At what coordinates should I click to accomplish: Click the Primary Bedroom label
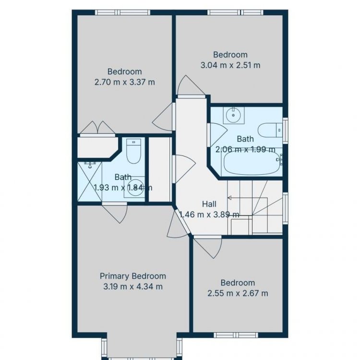click(132, 276)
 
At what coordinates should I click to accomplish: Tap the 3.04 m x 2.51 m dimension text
click(230, 65)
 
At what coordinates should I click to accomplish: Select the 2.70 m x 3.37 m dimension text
click(125, 82)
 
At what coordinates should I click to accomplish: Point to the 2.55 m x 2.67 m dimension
click(238, 293)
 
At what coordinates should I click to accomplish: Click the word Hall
click(209, 204)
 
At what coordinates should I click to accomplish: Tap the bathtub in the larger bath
click(252, 163)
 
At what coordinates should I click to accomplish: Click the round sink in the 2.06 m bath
click(233, 115)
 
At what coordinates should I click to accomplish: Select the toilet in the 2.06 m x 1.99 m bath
click(270, 130)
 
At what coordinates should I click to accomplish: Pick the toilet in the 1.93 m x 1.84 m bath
click(133, 151)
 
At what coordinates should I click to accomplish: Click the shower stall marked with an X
click(89, 182)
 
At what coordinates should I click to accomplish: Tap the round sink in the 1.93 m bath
click(134, 187)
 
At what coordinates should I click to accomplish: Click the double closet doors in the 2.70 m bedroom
click(97, 128)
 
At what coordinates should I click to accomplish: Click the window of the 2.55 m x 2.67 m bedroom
click(236, 335)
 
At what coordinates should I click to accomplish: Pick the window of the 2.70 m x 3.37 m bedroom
click(122, 12)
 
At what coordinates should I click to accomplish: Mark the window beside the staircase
click(285, 208)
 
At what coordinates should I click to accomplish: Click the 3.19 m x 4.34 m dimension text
click(133, 287)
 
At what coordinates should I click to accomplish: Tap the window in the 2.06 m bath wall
click(285, 131)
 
